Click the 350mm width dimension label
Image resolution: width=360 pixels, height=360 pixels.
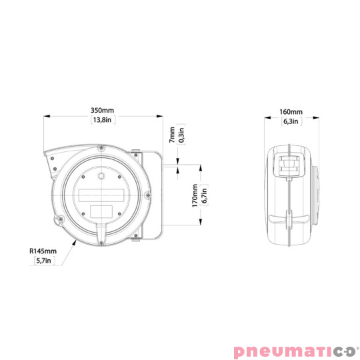(103, 110)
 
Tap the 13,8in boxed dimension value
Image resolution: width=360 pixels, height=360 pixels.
(103, 121)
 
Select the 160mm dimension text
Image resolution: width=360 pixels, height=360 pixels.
(291, 111)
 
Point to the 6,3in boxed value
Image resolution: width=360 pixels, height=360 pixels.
(291, 121)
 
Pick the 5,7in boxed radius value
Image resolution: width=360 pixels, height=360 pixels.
(43, 261)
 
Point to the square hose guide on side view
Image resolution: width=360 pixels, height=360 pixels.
(289, 165)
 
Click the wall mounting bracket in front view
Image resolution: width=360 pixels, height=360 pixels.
(151, 197)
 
